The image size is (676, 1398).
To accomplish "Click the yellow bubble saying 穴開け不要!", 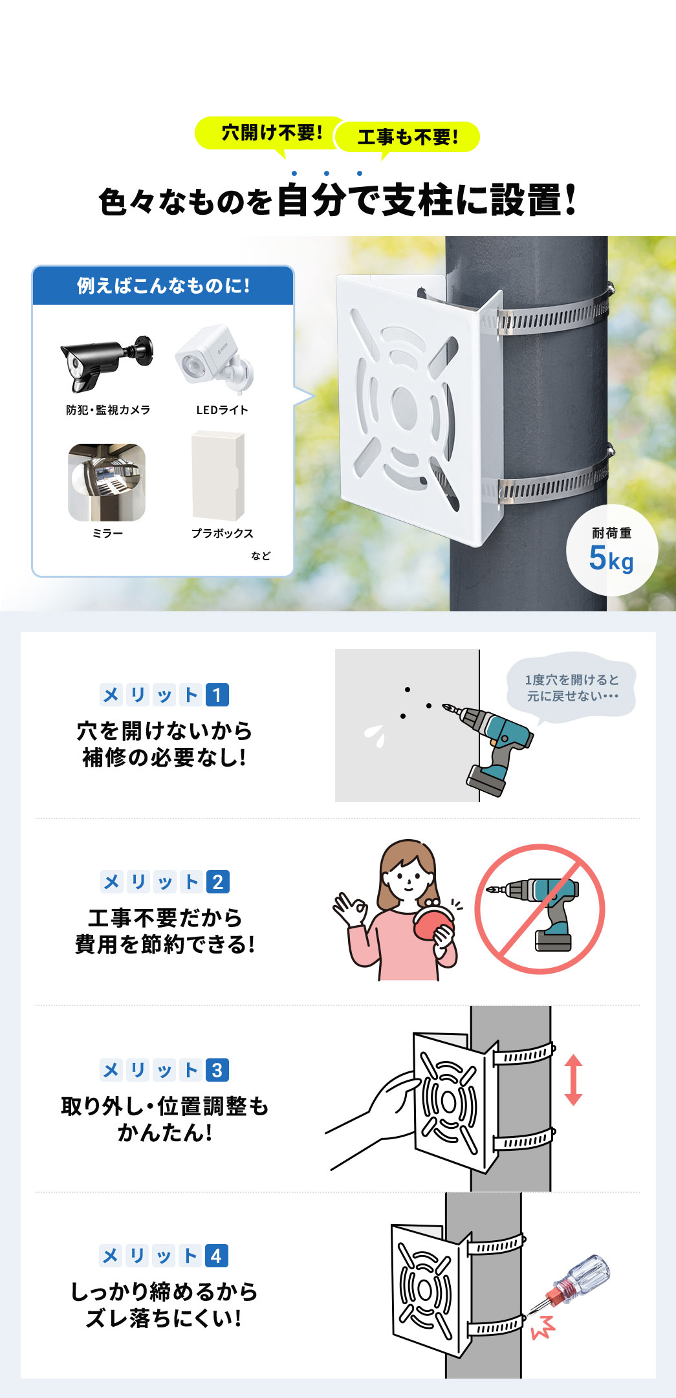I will point(272,133).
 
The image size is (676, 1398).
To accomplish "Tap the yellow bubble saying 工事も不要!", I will point(408,137).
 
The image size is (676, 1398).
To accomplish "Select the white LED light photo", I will point(215,360).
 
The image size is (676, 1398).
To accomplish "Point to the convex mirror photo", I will point(107,482).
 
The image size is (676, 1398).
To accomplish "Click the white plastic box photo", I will point(219,476).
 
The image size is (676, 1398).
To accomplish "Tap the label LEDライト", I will point(222,410).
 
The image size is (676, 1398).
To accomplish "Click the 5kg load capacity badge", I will point(611,551).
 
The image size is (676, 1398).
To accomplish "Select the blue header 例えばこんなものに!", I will point(163,286).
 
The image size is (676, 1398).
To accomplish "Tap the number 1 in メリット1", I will point(217,695).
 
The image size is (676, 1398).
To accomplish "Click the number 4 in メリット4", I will point(217,1256).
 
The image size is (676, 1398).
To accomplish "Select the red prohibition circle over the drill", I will point(540,908).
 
